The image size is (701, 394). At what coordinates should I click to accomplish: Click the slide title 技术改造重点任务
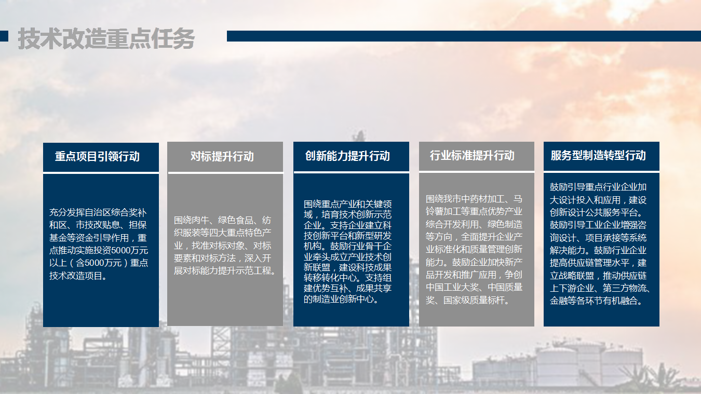point(106,39)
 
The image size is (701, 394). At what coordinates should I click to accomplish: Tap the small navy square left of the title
point(4,36)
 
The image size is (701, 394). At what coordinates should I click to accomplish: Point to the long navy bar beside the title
point(464,36)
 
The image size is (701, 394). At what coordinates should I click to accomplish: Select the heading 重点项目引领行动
point(97,156)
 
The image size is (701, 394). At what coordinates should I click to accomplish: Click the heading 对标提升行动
point(222,156)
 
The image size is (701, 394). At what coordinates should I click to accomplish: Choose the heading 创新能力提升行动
point(347,156)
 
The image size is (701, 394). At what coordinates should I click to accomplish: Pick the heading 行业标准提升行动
point(472,155)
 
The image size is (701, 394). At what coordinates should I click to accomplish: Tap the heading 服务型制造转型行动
point(598,155)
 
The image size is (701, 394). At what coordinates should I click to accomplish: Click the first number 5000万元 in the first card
point(130,250)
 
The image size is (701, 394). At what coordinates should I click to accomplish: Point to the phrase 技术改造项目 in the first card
point(76,276)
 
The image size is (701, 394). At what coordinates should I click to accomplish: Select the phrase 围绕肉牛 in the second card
point(191,220)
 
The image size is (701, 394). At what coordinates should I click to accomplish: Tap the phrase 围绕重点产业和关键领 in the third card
point(347,205)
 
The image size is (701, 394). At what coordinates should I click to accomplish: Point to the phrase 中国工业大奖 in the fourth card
point(452,287)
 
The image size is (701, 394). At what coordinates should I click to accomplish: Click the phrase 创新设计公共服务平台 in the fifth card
point(594,212)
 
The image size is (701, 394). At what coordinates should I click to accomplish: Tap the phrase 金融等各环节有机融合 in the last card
point(594,301)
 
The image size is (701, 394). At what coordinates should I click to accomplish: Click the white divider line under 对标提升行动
point(226,172)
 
